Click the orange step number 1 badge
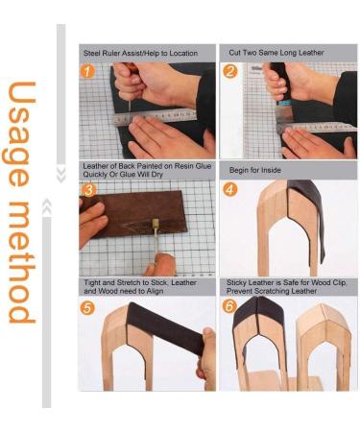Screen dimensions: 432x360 click(88, 71)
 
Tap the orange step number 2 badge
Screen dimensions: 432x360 click(230, 71)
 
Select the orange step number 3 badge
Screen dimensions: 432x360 click(88, 189)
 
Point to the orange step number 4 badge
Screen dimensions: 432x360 click(230, 189)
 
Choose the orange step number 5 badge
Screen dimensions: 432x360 click(88, 307)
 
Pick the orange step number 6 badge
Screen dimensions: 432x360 click(230, 307)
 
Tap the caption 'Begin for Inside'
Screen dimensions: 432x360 click(256, 170)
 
